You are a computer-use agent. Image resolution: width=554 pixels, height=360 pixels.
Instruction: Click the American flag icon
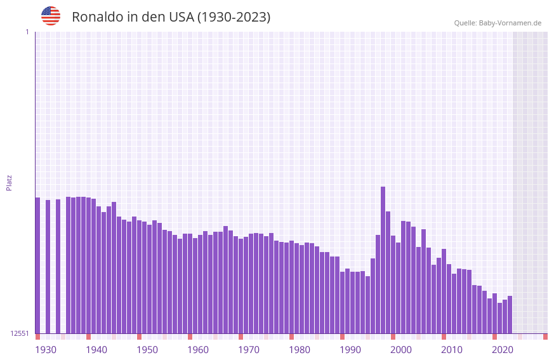(51, 16)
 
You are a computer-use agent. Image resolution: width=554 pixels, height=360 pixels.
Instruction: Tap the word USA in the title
(181, 17)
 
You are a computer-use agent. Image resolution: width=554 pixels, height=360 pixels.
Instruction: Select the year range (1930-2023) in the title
(234, 17)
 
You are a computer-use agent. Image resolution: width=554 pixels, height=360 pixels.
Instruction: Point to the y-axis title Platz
(9, 182)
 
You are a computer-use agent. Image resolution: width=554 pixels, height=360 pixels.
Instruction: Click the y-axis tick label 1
(27, 32)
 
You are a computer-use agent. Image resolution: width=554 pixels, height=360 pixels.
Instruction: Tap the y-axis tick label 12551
(20, 333)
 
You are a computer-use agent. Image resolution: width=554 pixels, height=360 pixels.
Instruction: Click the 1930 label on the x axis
(46, 350)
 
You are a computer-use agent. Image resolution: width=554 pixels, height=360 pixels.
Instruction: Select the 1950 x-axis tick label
(147, 350)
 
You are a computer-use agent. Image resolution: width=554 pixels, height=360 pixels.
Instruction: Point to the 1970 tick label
(249, 350)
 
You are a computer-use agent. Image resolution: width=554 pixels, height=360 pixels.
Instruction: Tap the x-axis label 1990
(350, 350)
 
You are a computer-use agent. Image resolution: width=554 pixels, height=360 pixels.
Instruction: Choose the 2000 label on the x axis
(401, 350)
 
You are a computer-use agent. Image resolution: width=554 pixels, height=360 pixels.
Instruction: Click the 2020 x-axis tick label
(503, 350)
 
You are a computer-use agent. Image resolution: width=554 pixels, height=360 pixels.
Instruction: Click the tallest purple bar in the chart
(383, 260)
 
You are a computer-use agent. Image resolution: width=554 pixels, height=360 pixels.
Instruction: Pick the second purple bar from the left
(48, 267)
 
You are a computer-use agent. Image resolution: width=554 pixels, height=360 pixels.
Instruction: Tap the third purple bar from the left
(58, 266)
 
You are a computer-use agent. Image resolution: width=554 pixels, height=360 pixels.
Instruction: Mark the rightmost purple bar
(510, 314)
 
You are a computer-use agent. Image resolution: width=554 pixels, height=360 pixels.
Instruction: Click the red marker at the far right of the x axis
(545, 337)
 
